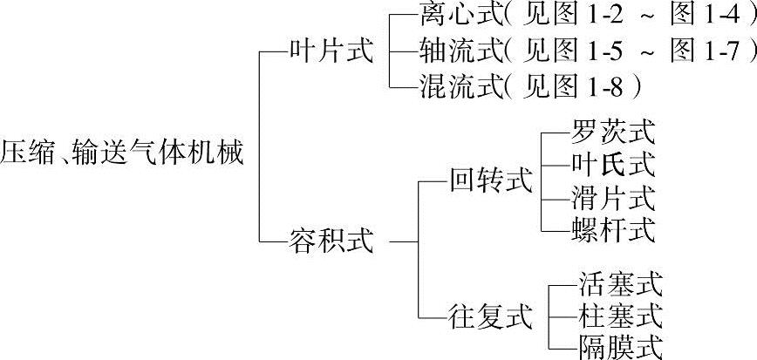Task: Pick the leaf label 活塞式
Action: tap(620, 282)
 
